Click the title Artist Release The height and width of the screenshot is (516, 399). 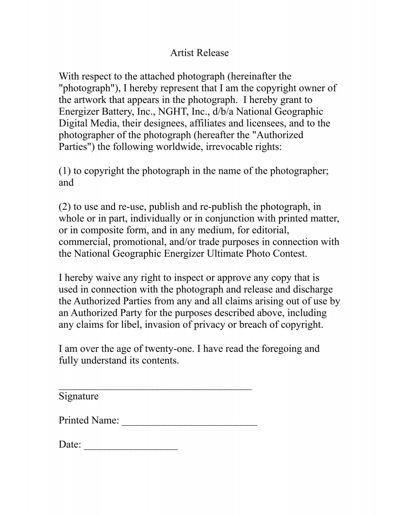tap(199, 53)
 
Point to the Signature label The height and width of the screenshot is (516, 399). tap(78, 396)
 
